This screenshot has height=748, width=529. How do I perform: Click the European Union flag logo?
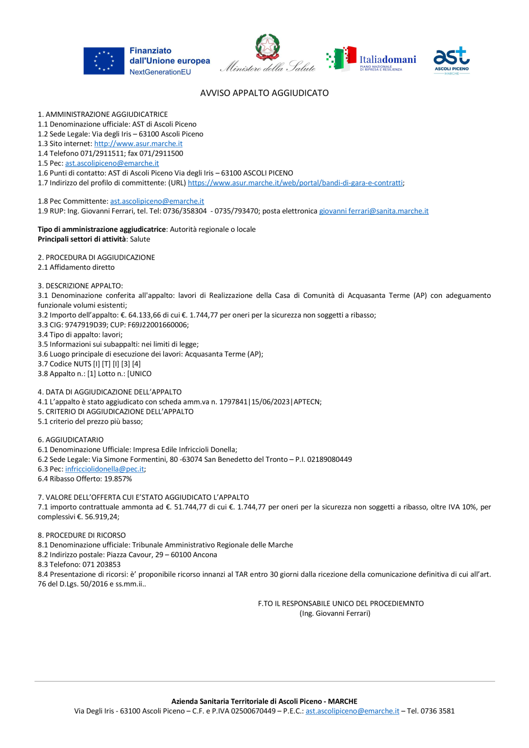tap(104, 61)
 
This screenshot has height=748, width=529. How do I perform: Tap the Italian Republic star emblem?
tap(268, 47)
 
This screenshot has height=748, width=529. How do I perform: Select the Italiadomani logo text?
tap(387, 60)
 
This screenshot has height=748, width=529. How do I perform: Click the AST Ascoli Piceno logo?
tap(451, 60)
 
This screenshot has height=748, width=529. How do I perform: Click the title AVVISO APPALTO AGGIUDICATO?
tap(264, 93)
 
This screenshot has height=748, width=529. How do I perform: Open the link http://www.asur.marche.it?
tap(138, 144)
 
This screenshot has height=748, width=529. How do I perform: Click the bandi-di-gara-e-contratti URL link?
tap(295, 183)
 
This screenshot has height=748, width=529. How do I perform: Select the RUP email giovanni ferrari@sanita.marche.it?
tap(373, 211)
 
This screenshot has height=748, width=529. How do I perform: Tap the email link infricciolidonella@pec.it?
tap(105, 469)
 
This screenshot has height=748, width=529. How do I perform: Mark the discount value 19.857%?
tap(118, 479)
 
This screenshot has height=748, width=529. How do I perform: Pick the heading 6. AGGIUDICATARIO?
tap(71, 440)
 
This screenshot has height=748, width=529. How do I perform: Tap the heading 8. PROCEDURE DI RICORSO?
tap(81, 535)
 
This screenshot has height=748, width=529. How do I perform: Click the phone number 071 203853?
tap(102, 564)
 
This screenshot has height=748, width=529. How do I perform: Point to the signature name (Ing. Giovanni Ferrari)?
tap(335, 614)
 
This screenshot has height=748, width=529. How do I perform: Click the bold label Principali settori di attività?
tap(81, 239)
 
